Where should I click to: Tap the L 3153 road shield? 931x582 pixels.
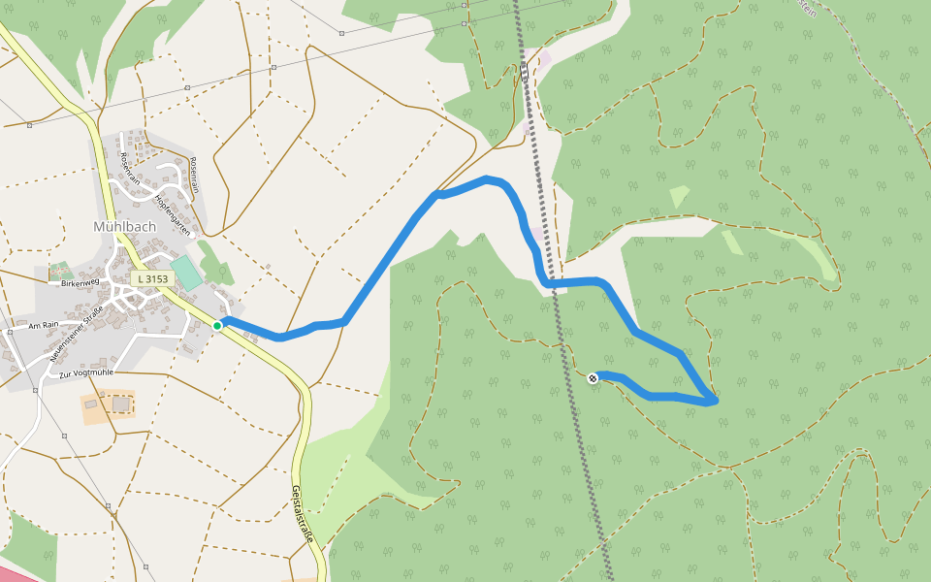pyautogui.click(x=153, y=278)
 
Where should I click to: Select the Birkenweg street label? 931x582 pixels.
pyautogui.click(x=80, y=282)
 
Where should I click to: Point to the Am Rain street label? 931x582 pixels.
pyautogui.click(x=45, y=326)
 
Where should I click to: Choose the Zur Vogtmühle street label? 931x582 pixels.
pyautogui.click(x=86, y=372)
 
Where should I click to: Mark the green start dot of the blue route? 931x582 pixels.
pyautogui.click(x=217, y=326)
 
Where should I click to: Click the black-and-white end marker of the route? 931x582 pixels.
pyautogui.click(x=594, y=377)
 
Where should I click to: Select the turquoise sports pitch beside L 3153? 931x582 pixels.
pyautogui.click(x=186, y=272)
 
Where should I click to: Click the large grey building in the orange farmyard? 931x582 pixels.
pyautogui.click(x=120, y=404)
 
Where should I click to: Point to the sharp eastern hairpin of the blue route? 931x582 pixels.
pyautogui.click(x=714, y=399)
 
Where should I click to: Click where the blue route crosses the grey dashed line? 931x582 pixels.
pyautogui.click(x=550, y=282)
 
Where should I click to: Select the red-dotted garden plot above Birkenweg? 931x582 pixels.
pyautogui.click(x=60, y=269)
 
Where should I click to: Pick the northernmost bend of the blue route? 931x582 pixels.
pyautogui.click(x=488, y=178)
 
